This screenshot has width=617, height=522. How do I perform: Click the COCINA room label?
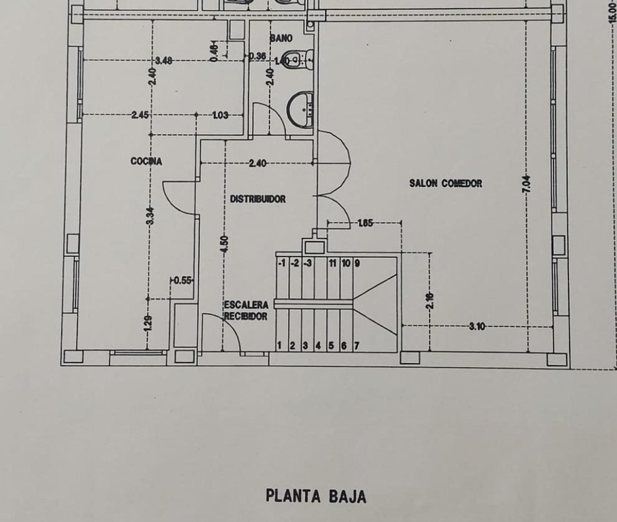coord(146,161)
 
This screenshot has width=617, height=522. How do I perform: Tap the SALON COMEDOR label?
coord(445,183)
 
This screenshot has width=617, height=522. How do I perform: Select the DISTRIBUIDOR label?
coord(258,199)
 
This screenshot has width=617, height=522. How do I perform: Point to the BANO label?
coord(281,38)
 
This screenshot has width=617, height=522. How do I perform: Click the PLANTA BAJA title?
coord(316,496)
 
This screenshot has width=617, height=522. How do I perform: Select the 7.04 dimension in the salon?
coord(526,184)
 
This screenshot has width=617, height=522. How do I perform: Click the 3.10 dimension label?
coord(477,326)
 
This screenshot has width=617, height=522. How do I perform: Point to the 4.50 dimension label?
coord(225,244)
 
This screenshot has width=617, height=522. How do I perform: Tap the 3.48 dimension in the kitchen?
coord(164,60)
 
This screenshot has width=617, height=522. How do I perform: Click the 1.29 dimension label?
coord(148,324)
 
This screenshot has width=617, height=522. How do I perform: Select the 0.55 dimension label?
coord(183,281)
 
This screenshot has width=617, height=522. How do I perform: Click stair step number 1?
coord(280,345)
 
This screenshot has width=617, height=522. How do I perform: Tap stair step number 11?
coord(333,263)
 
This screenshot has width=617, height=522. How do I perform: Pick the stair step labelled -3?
coord(307,263)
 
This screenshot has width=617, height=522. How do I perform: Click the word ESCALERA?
coord(246,305)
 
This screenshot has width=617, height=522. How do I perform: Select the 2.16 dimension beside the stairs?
coord(430,301)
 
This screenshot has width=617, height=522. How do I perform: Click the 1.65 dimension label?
coord(365,223)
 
